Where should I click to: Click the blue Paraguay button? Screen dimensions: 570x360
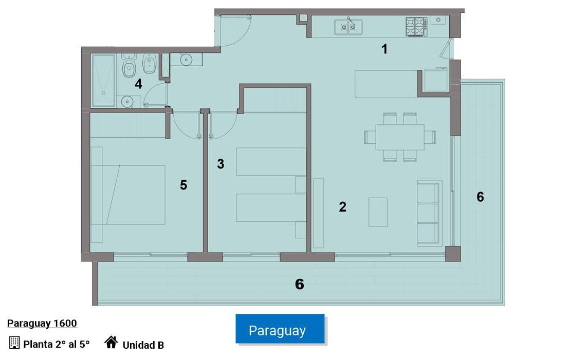click(x=280, y=329)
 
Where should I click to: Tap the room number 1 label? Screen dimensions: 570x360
click(x=384, y=49)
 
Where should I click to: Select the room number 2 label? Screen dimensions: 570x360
click(x=342, y=206)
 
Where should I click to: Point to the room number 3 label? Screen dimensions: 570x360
click(x=220, y=164)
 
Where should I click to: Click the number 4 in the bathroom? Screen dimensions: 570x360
click(x=138, y=84)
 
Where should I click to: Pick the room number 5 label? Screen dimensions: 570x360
click(x=183, y=185)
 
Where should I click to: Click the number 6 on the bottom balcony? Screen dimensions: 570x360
click(x=300, y=284)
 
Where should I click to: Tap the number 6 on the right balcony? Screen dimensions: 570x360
click(x=480, y=197)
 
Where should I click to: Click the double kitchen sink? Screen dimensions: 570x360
click(x=348, y=27)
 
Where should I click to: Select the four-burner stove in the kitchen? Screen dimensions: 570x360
click(x=415, y=27)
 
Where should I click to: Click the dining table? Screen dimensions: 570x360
click(x=400, y=137)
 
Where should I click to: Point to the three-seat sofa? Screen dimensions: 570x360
click(x=429, y=213)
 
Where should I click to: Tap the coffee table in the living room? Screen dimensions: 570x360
click(x=378, y=212)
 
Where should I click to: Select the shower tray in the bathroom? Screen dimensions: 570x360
click(x=104, y=81)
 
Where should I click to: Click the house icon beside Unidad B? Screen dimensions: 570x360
click(x=111, y=342)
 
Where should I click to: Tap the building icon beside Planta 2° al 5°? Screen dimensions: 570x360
click(x=14, y=343)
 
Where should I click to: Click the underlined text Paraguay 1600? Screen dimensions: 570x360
click(x=42, y=324)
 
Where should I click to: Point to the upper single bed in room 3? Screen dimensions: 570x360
click(x=271, y=162)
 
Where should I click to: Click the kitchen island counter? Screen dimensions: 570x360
click(x=386, y=84)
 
